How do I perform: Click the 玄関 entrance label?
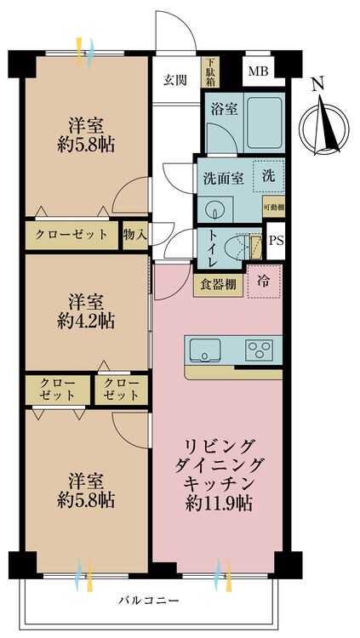175,80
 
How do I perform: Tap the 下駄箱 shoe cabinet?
210,72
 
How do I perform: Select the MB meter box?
259,71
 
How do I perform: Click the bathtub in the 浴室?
265,122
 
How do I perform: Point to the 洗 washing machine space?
268,176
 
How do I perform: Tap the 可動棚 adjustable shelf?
274,207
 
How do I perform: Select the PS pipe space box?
276,241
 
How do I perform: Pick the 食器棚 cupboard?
218,285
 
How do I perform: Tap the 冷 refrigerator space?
265,282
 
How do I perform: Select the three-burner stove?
259,350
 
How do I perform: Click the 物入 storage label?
135,235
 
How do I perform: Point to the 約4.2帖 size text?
86,322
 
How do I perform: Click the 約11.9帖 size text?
219,504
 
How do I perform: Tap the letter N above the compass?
319,85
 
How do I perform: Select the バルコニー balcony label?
149,601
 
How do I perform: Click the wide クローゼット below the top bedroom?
71,235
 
